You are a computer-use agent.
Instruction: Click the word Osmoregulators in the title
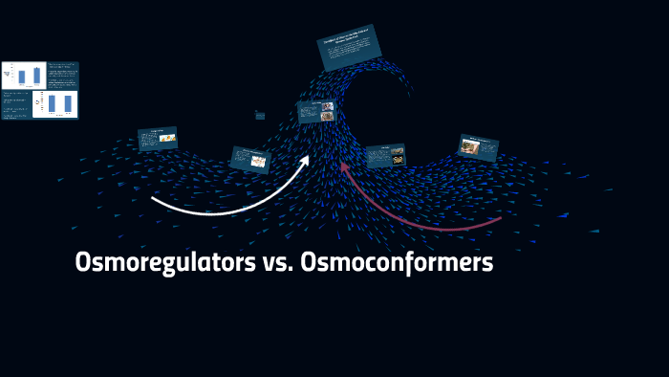pos(164,262)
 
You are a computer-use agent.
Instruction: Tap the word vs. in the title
pos(277,262)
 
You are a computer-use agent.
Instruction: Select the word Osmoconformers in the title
pos(397,262)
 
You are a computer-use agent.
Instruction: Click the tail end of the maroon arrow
pos(500,219)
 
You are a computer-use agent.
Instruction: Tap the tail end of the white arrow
pos(153,198)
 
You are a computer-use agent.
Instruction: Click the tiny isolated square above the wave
pos(260,115)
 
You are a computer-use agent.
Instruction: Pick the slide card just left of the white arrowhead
pos(250,159)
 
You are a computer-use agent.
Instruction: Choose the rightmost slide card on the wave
pos(478,147)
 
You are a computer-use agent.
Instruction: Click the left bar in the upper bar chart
pos(21,77)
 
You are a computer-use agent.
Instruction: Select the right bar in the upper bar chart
pos(37,76)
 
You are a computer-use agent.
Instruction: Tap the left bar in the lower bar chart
pos(52,103)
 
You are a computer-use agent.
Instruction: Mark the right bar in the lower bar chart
pos(68,103)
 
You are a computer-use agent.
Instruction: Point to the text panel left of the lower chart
pos(16,104)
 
